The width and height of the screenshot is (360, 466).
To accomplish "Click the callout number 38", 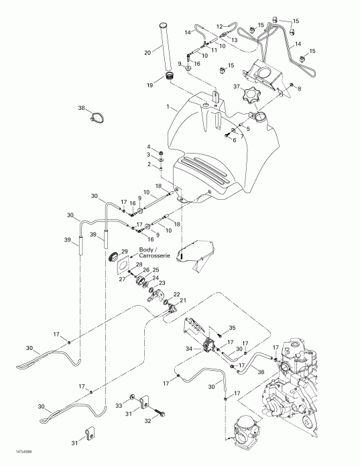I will [81, 108].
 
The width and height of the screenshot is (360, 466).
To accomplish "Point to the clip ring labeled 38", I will [99, 119].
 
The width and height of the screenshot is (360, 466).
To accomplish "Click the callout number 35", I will [233, 328].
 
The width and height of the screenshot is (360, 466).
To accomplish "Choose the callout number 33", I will [119, 406].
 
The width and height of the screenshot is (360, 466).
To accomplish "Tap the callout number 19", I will [149, 84].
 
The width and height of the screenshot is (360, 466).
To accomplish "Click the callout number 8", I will [299, 89].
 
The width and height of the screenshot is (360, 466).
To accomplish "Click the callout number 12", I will [219, 27].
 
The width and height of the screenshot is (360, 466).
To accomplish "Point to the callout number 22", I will [177, 294].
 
